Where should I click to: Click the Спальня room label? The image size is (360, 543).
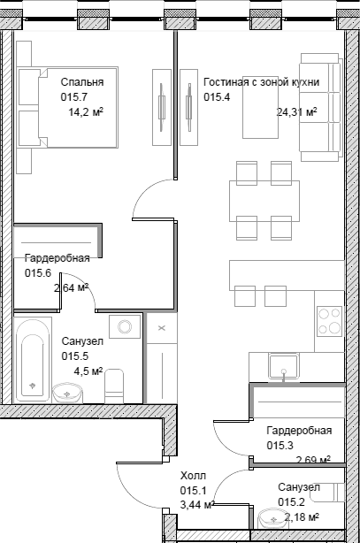pyautogui.click(x=82, y=82)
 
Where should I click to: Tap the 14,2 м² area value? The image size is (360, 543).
pyautogui.click(x=86, y=112)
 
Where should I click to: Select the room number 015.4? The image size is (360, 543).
pyautogui.click(x=217, y=97)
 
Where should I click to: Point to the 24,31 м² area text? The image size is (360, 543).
pyautogui.click(x=297, y=112)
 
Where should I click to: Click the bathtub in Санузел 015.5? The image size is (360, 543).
pyautogui.click(x=33, y=360)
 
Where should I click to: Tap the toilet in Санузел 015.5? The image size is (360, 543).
pyautogui.click(x=114, y=386)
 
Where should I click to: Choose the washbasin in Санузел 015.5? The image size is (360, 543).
pyautogui.click(x=67, y=393)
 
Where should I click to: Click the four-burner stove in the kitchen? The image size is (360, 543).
pyautogui.click(x=329, y=321)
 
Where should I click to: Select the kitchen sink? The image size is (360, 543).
pyautogui.click(x=284, y=366)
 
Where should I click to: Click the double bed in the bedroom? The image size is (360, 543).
pyautogui.click(x=67, y=108)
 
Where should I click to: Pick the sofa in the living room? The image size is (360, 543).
pyautogui.click(x=319, y=107)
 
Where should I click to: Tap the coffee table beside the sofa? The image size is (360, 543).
pyautogui.click(x=261, y=107)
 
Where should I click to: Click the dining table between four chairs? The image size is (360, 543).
pyautogui.click(x=264, y=201)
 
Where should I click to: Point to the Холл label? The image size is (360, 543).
pyautogui.click(x=193, y=476)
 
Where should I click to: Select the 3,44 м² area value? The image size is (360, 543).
pyautogui.click(x=196, y=505)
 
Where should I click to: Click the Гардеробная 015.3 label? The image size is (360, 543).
pyautogui.click(x=299, y=438)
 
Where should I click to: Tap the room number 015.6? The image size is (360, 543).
pyautogui.click(x=38, y=273)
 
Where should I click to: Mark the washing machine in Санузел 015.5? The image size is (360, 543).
pyautogui.click(x=125, y=326)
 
